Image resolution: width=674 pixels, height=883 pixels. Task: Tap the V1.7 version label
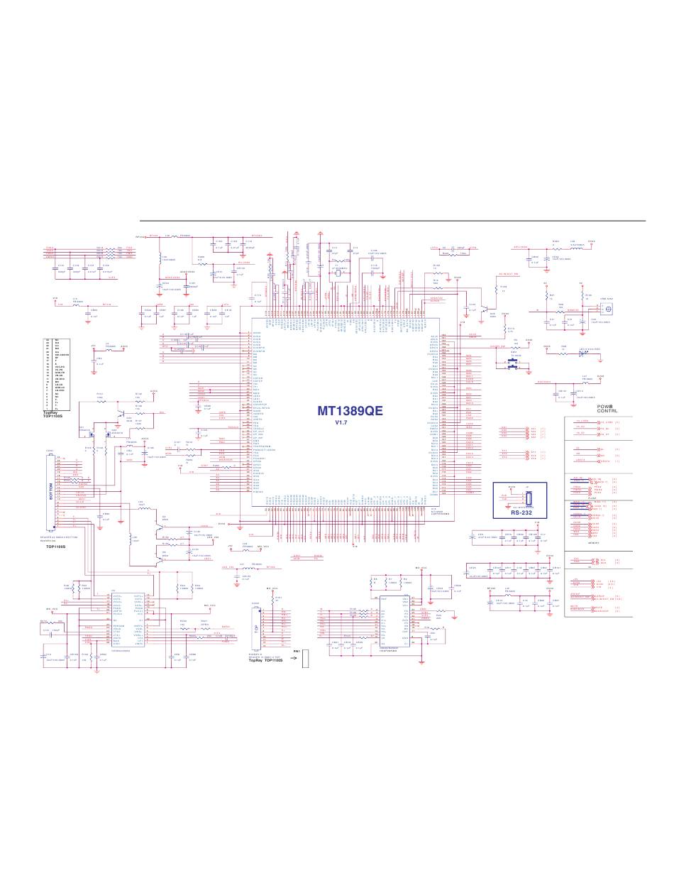click(343, 422)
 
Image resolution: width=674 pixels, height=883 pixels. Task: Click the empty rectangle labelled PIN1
click(306, 659)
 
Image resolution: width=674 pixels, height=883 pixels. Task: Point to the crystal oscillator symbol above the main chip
click(339, 274)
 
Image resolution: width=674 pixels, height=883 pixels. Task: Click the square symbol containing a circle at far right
click(607, 309)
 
